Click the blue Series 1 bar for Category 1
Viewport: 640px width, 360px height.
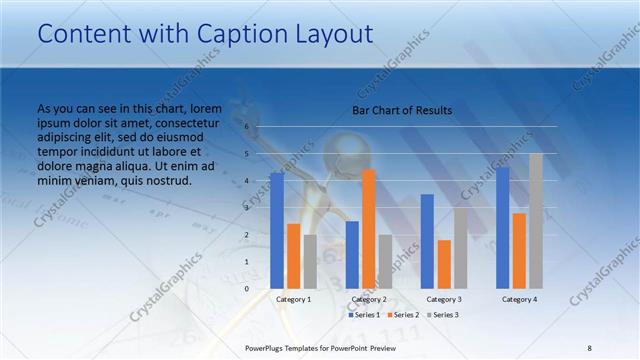tap(277, 231)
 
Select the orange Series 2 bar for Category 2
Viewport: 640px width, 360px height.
tap(369, 229)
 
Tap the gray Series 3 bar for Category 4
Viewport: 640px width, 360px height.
tap(536, 221)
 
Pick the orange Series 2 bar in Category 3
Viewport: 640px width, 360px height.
tap(444, 264)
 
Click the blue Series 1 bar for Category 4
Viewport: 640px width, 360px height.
tap(502, 228)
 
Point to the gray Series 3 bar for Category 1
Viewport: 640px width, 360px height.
tap(310, 262)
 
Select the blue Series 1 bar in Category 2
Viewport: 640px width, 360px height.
tap(352, 255)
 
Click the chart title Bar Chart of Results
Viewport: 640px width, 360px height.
tap(402, 110)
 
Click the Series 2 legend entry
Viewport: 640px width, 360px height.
tap(402, 315)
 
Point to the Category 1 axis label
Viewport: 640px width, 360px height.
tap(293, 299)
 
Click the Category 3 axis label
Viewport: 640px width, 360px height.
tap(444, 299)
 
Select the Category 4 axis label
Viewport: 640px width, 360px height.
tap(519, 299)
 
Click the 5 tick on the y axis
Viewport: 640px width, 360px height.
tap(247, 154)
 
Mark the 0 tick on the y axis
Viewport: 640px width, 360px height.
tap(247, 289)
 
